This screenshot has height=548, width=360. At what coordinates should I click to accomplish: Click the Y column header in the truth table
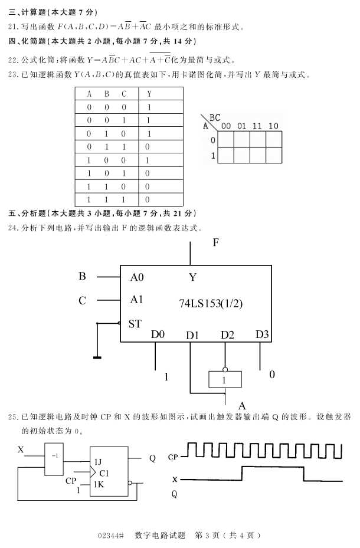(x=149, y=94)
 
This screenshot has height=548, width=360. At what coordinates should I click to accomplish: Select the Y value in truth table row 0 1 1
(x=148, y=147)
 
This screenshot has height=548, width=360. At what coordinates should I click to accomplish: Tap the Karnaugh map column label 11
(x=257, y=126)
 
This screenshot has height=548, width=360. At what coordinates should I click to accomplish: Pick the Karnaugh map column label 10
(x=273, y=126)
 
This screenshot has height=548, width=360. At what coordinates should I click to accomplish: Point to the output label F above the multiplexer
(x=216, y=243)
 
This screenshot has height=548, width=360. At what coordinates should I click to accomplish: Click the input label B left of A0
(x=83, y=276)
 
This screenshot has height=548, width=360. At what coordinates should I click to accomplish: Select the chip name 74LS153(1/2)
(x=211, y=303)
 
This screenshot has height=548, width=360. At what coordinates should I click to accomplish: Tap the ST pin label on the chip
(x=135, y=323)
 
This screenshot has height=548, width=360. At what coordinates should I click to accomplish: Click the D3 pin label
(x=262, y=334)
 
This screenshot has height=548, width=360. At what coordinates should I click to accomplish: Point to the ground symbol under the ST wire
(x=96, y=356)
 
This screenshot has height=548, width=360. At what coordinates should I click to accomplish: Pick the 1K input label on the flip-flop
(x=99, y=484)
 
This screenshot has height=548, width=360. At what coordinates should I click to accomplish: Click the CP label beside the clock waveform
(x=173, y=457)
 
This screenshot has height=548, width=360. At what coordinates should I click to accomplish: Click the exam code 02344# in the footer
(x=112, y=536)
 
